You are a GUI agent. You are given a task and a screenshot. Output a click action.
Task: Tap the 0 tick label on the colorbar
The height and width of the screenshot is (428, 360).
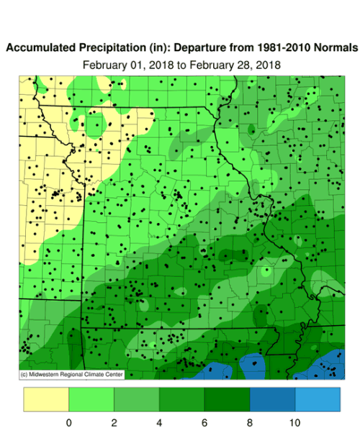[68, 421]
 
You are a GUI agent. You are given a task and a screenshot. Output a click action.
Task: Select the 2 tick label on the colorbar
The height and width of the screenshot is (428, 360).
[114, 421]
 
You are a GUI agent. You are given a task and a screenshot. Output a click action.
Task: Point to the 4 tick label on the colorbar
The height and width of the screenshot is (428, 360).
[158, 421]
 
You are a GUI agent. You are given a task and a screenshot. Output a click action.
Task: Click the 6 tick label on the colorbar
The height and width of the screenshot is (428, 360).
[204, 421]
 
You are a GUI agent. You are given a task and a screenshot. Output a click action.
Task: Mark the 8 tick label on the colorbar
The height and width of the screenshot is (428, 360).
[249, 421]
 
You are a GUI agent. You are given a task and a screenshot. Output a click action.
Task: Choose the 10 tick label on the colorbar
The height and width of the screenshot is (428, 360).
[294, 421]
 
